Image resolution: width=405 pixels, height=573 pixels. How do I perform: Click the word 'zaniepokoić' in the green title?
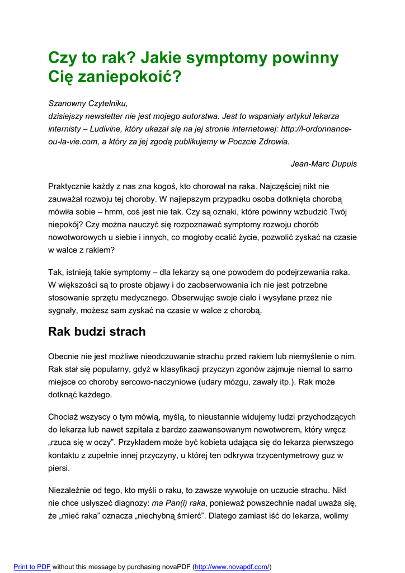click(x=123, y=77)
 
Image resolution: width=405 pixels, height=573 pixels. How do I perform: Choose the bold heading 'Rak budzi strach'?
click(x=97, y=332)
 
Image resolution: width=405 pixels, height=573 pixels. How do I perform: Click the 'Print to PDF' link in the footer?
click(x=32, y=567)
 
